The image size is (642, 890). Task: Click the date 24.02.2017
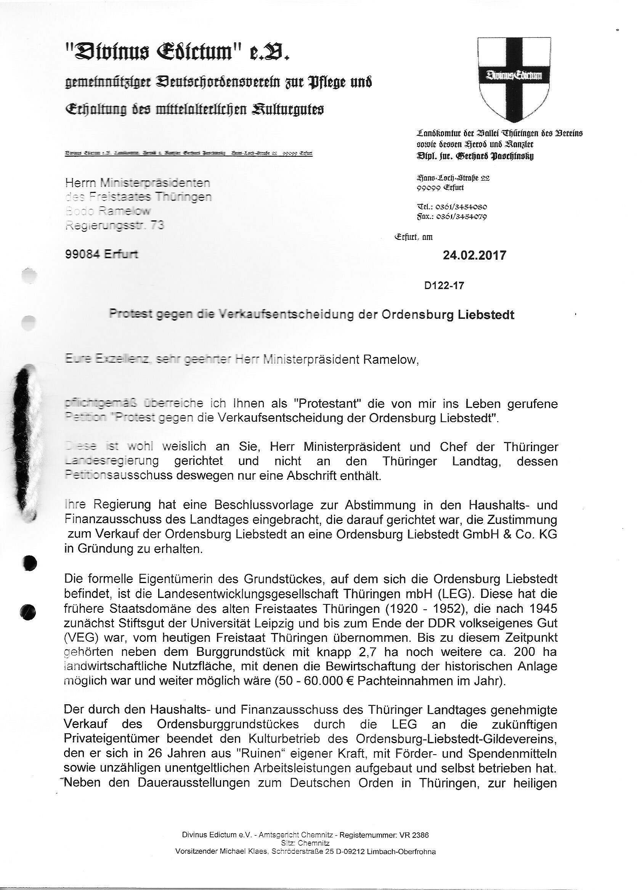pyautogui.click(x=474, y=255)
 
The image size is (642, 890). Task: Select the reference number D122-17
pyautogui.click(x=444, y=285)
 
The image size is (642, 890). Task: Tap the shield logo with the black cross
pyautogui.click(x=514, y=79)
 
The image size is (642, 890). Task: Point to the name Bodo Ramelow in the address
pyautogui.click(x=108, y=211)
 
